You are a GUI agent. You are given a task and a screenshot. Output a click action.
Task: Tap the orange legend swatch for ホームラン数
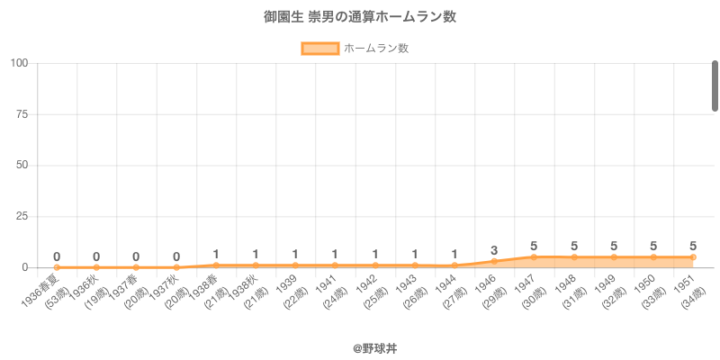[x=319, y=49]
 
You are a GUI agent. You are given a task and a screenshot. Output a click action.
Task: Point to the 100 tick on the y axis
[x=20, y=63]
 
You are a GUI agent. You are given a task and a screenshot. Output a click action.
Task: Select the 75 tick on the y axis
[x=22, y=114]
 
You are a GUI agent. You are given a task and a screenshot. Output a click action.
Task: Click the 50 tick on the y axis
[x=22, y=166]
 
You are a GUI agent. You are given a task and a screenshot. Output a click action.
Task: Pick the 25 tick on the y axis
[x=22, y=217]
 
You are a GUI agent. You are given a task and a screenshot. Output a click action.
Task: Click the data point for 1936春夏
[x=57, y=267]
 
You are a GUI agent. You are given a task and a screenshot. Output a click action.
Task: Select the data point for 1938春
[x=216, y=265]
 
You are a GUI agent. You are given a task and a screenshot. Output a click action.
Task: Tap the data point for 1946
[x=494, y=261]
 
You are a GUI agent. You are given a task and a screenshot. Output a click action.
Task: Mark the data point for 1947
[x=534, y=257]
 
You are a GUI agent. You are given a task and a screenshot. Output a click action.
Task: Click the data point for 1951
[x=693, y=257]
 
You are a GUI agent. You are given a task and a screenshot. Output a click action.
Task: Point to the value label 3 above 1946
[x=494, y=250]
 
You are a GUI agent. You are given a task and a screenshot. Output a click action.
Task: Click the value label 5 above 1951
[x=693, y=246]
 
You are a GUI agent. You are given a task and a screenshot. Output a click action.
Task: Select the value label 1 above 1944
[x=454, y=254]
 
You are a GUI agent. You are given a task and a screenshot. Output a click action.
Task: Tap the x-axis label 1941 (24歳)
[x=328, y=291]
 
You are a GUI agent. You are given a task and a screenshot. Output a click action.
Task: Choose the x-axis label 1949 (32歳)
[x=606, y=291]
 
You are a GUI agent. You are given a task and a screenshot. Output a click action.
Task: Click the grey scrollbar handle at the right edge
[x=715, y=85]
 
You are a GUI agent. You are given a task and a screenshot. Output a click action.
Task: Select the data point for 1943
[x=415, y=265]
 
